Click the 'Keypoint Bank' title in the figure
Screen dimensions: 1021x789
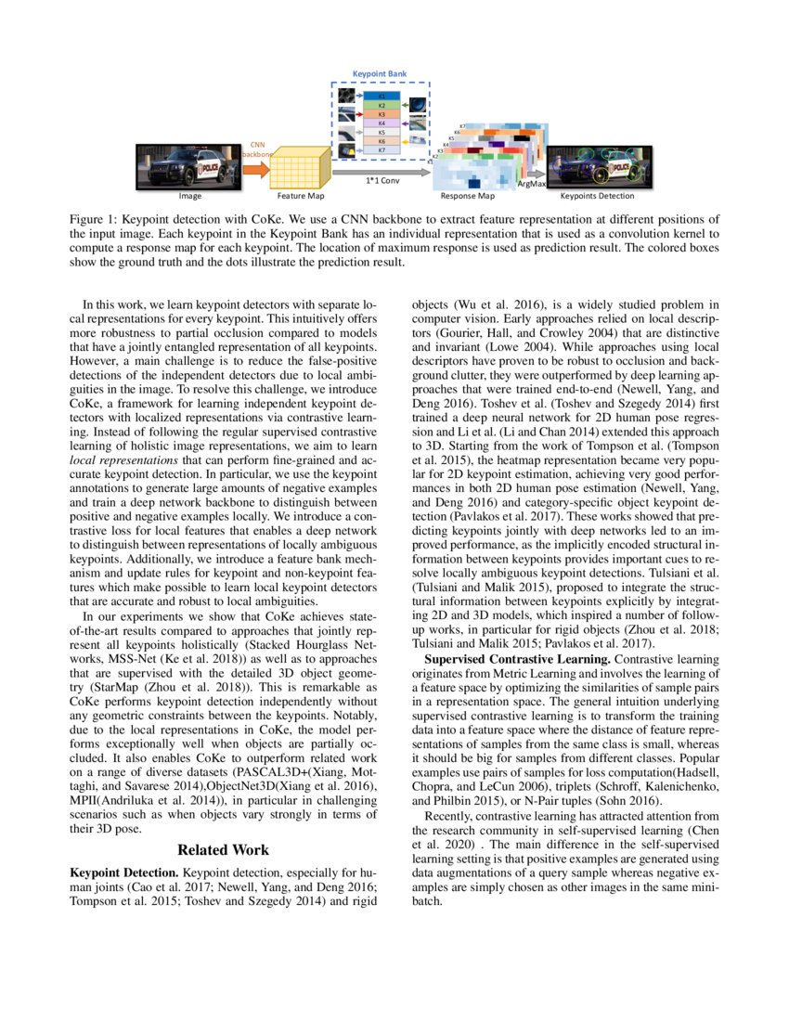coord(379,72)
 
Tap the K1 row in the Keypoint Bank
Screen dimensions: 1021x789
coord(382,97)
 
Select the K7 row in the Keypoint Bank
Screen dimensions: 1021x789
coord(382,149)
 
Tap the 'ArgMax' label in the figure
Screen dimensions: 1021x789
coord(531,186)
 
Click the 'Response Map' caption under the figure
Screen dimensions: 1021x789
coord(467,197)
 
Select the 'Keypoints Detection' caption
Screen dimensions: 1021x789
coord(597,197)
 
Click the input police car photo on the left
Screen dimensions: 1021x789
coord(188,166)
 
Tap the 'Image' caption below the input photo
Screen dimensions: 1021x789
coord(189,197)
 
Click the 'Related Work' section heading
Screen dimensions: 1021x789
coord(224,849)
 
